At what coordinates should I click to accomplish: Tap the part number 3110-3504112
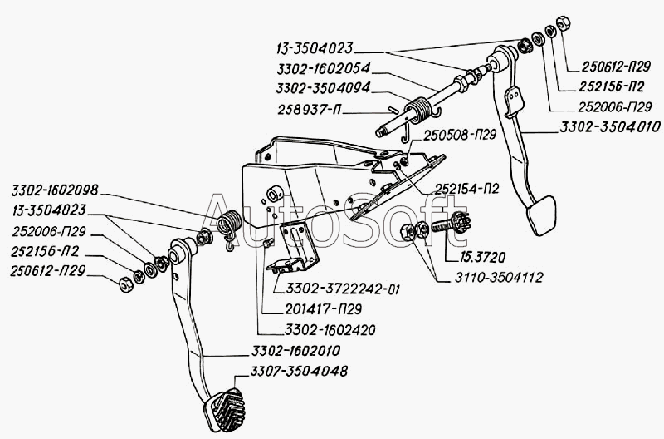click(498, 277)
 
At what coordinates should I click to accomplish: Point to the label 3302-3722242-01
click(342, 289)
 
